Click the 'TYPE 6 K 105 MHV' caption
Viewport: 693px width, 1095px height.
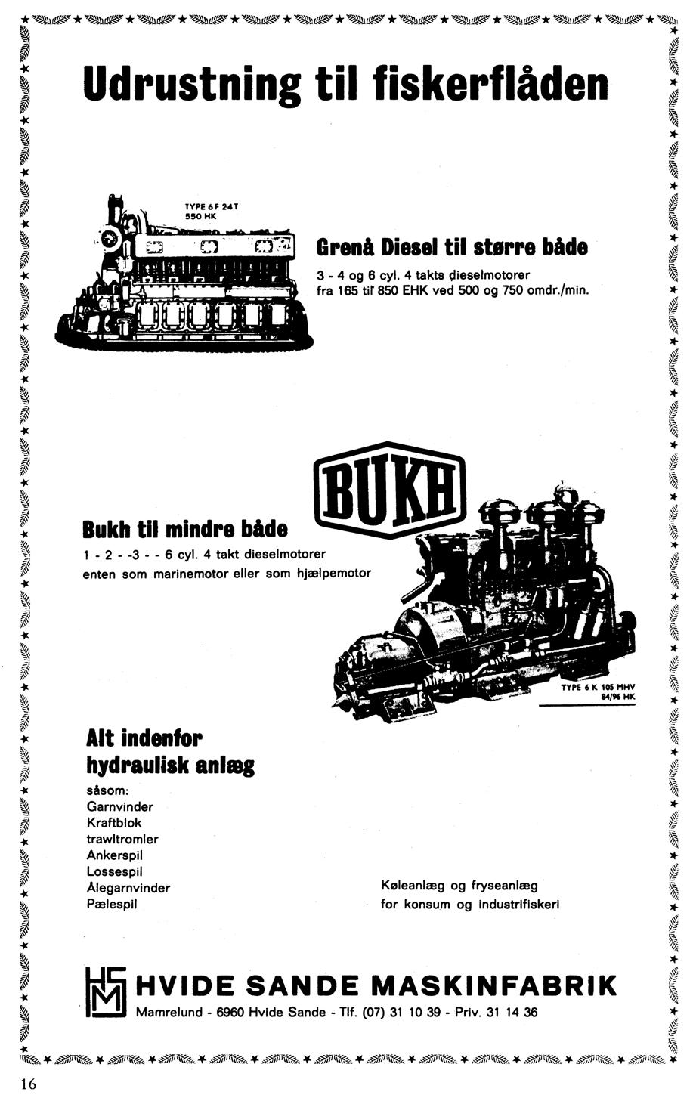pos(597,688)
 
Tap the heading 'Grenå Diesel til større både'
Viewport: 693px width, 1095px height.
pos(451,247)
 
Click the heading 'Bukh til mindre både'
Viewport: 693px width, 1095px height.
pos(186,527)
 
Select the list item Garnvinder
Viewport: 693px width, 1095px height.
pos(119,806)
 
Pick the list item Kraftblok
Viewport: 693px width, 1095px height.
pos(114,822)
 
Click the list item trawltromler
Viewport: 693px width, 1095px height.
pos(122,839)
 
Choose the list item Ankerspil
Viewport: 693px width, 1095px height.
pos(115,855)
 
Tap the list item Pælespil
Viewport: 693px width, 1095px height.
pos(112,904)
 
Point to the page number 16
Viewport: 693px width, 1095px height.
pos(28,1084)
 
